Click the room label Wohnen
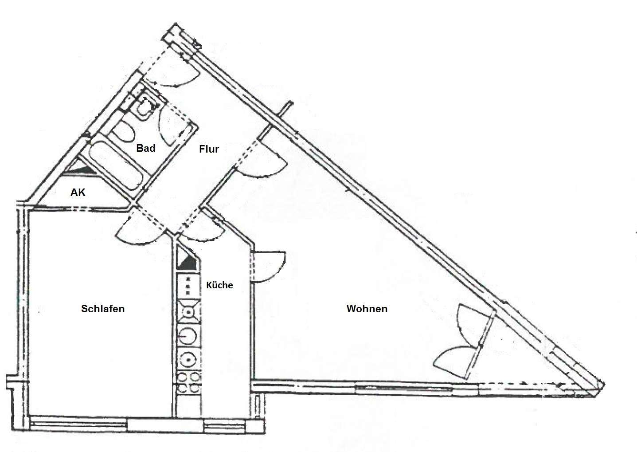pyautogui.click(x=367, y=309)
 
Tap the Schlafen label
pyautogui.click(x=103, y=309)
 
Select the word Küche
pyautogui.click(x=219, y=285)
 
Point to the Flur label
pyautogui.click(x=209, y=149)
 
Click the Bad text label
pyautogui.click(x=146, y=148)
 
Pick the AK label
pyautogui.click(x=78, y=193)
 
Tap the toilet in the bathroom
pyautogui.click(x=123, y=130)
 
